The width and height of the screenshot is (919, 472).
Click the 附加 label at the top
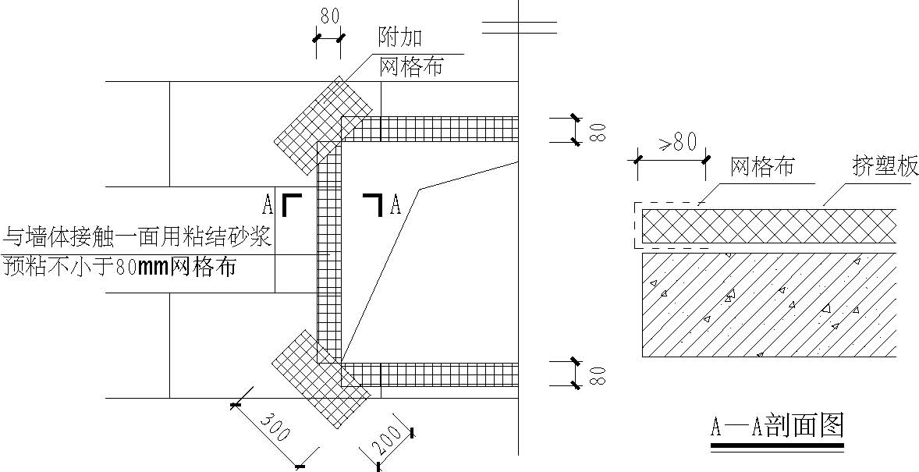[x=400, y=38]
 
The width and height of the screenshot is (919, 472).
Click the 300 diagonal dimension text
[x=275, y=426]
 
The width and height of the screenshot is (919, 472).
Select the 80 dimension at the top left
[x=329, y=16]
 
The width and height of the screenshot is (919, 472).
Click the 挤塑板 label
[x=885, y=167]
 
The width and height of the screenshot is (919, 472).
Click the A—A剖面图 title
[x=777, y=426]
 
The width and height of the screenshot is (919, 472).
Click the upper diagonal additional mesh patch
[x=324, y=125]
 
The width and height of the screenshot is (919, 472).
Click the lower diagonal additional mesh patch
[x=321, y=379]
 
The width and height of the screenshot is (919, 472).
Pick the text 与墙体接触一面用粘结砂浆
[x=137, y=238]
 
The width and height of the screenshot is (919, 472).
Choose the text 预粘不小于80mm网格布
[x=119, y=268]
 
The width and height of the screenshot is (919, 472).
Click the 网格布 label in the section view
[x=762, y=167]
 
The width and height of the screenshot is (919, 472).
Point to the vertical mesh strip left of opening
[x=328, y=252]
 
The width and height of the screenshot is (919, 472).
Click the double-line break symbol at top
[x=520, y=27]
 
